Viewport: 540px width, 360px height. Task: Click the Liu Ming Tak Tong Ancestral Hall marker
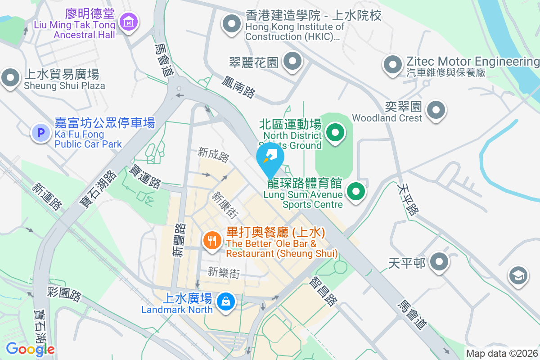(x=129, y=21)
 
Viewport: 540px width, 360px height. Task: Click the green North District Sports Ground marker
(x=335, y=133)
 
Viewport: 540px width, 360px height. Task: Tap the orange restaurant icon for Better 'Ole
(x=211, y=241)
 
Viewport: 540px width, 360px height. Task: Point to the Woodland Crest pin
(x=436, y=110)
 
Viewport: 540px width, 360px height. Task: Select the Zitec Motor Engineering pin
(x=392, y=64)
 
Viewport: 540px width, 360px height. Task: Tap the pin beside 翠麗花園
(x=293, y=61)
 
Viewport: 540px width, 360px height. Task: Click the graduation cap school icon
(x=519, y=276)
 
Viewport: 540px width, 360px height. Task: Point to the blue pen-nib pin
(x=270, y=157)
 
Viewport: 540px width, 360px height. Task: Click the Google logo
(x=30, y=349)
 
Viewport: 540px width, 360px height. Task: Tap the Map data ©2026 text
(x=501, y=353)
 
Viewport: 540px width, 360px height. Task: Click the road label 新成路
(x=213, y=155)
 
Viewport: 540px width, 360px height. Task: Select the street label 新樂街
(x=224, y=272)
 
